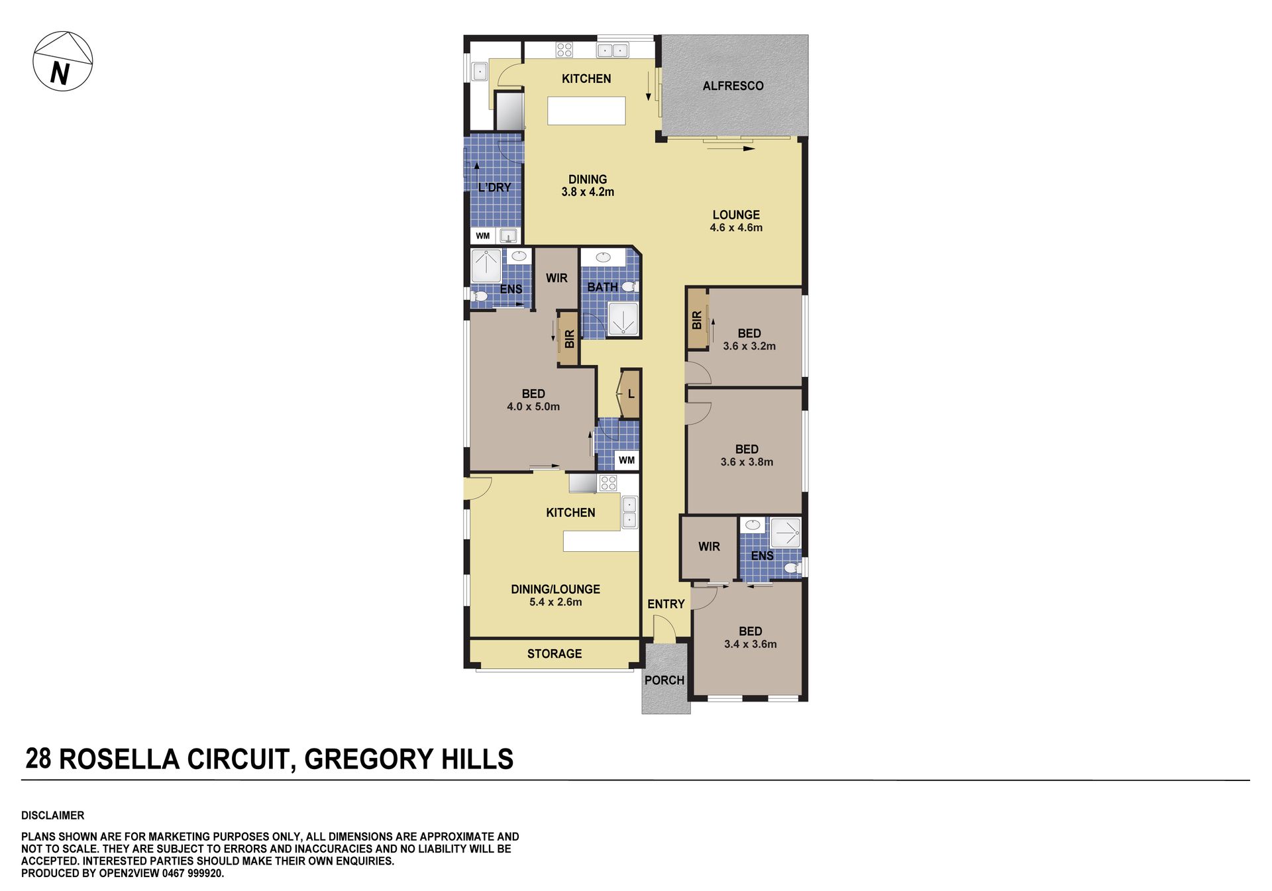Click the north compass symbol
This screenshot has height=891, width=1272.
(x=63, y=61)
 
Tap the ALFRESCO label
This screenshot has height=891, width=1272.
(x=733, y=85)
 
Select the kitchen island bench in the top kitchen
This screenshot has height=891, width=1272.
(x=586, y=111)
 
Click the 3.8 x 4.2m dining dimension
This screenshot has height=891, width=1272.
(x=588, y=192)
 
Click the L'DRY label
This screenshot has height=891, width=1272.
(x=494, y=187)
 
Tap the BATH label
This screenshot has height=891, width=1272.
(x=602, y=287)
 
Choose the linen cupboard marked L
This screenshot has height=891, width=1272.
(x=629, y=393)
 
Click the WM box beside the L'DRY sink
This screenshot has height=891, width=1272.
(x=482, y=236)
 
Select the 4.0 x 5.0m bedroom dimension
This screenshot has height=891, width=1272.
(x=533, y=407)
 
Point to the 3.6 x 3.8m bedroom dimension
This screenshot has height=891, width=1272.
(x=747, y=462)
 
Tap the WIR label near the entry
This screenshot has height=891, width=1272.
(x=709, y=547)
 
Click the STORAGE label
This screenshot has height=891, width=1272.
(x=555, y=654)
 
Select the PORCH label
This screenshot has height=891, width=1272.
(x=664, y=680)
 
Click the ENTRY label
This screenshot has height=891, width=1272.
(x=666, y=604)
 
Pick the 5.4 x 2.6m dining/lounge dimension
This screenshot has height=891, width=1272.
(x=555, y=602)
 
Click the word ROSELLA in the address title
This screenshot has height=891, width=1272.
(x=120, y=759)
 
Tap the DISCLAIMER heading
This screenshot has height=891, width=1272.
(x=53, y=815)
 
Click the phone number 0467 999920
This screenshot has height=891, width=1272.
(x=193, y=874)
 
